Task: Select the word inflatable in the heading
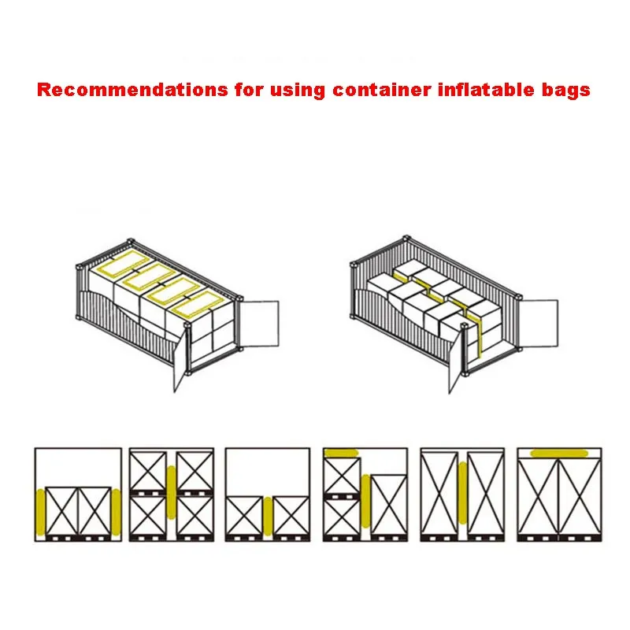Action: click(x=486, y=90)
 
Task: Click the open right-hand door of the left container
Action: click(x=259, y=324)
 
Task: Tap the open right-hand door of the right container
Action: click(x=539, y=323)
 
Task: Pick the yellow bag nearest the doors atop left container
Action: click(x=197, y=304)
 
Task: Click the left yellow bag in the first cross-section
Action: click(x=41, y=512)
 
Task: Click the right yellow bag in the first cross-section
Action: click(x=116, y=512)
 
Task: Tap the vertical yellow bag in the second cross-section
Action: click(x=172, y=492)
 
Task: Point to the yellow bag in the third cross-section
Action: click(x=268, y=517)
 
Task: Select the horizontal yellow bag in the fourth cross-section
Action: click(x=341, y=453)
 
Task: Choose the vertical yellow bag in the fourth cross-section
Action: click(x=365, y=501)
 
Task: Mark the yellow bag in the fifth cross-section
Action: click(x=463, y=493)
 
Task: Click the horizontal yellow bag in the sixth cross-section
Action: click(x=559, y=454)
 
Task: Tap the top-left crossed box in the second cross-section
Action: click(x=148, y=471)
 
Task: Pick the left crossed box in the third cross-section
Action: click(x=244, y=516)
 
